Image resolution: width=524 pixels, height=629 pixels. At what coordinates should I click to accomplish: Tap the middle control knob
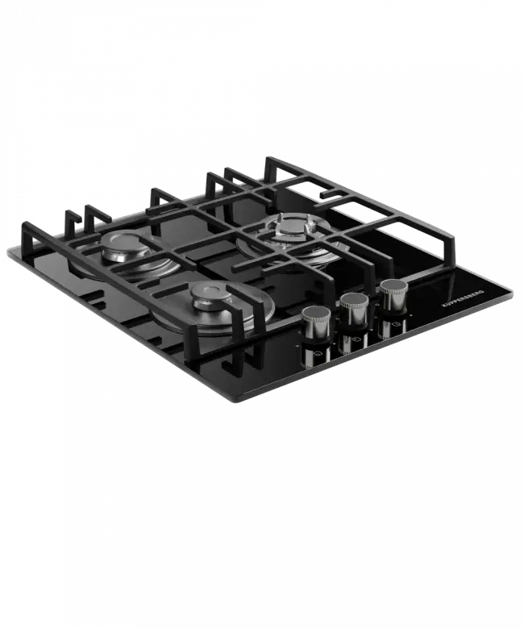pos(354,310)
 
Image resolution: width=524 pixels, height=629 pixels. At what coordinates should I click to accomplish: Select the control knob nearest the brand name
pos(393,296)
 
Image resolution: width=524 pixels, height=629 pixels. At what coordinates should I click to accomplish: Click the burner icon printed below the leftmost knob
pos(318,354)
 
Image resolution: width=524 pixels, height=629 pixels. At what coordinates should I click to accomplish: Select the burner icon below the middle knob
pos(356,339)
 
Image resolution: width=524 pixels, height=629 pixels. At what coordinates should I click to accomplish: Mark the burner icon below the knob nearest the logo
pos(395,324)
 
